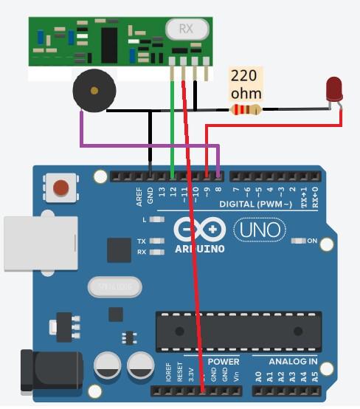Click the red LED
pos(335,91)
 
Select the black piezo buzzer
pos(94,92)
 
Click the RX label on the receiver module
pos(185,30)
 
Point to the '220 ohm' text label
pos(246,84)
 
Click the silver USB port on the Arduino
pos(41,243)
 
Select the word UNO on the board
pos(259,230)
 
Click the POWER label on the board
pos(223,362)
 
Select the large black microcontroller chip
pos(238,331)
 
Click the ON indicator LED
pos(299,241)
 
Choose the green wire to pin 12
pos(173,126)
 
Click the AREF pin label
pos(139,196)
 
